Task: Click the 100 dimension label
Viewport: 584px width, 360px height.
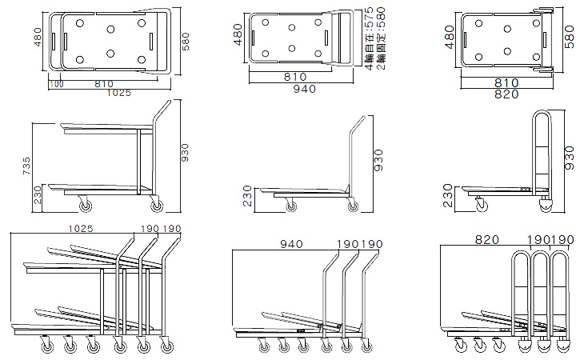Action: pos(56,83)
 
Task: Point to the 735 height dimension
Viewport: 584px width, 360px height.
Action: pos(26,166)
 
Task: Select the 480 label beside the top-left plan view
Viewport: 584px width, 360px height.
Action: pos(37,39)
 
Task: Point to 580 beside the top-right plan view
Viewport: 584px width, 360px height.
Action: pos(569,38)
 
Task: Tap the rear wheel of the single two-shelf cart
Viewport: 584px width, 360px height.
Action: pos(156,206)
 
